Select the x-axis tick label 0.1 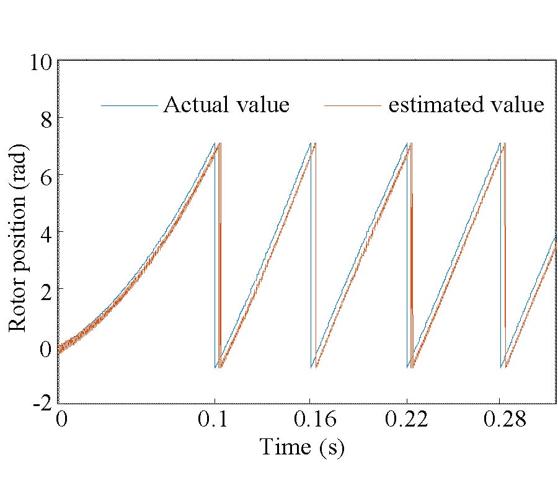(215, 420)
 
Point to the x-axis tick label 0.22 (407, 420)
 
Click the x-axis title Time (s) (301, 446)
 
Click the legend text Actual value (226, 105)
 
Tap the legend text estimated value (466, 105)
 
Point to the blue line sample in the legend (129, 106)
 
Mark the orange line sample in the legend (352, 106)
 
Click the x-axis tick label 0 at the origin (61, 420)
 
